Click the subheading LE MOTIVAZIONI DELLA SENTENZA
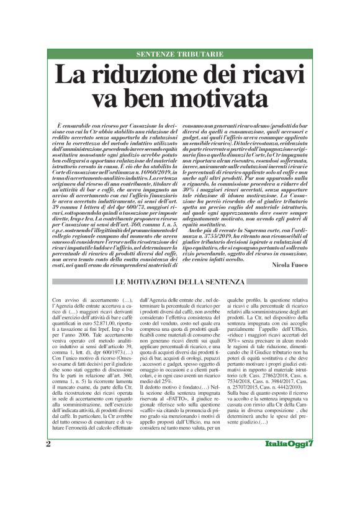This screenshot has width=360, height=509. [179, 282]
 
